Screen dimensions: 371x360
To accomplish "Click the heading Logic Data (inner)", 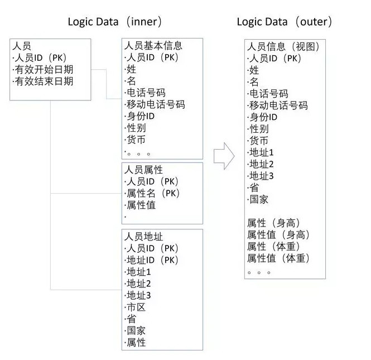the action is click(x=115, y=22).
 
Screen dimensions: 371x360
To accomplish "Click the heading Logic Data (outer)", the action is click(x=285, y=22).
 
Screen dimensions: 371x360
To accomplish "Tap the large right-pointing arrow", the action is click(x=224, y=156).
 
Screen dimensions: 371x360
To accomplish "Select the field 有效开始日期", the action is click(x=44, y=69).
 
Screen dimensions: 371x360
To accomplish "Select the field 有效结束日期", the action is click(x=44, y=81).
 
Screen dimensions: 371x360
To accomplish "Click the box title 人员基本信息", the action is click(x=153, y=45).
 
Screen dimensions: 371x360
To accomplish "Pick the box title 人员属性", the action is click(x=143, y=170).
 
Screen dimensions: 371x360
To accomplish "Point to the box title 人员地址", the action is click(x=143, y=237).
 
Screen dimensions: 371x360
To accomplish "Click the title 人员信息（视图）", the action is click(x=283, y=46).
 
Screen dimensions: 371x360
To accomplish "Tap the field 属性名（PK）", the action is click(x=153, y=193).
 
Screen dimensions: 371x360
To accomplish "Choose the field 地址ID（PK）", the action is click(x=152, y=260).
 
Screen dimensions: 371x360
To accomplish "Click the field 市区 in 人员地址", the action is click(x=136, y=307).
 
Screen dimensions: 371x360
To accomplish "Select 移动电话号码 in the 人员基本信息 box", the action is click(x=156, y=104).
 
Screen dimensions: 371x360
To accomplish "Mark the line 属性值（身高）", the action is click(x=278, y=234).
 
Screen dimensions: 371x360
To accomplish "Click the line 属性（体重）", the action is click(x=273, y=246).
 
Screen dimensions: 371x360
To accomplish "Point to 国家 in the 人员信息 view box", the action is click(x=259, y=199).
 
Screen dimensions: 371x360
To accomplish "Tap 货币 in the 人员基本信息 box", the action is click(x=136, y=140).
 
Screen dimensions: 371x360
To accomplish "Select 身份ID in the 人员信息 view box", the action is click(x=263, y=117).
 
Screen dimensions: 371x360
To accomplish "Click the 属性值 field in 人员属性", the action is click(x=141, y=205).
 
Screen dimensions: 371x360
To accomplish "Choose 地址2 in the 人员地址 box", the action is click(x=139, y=284).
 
